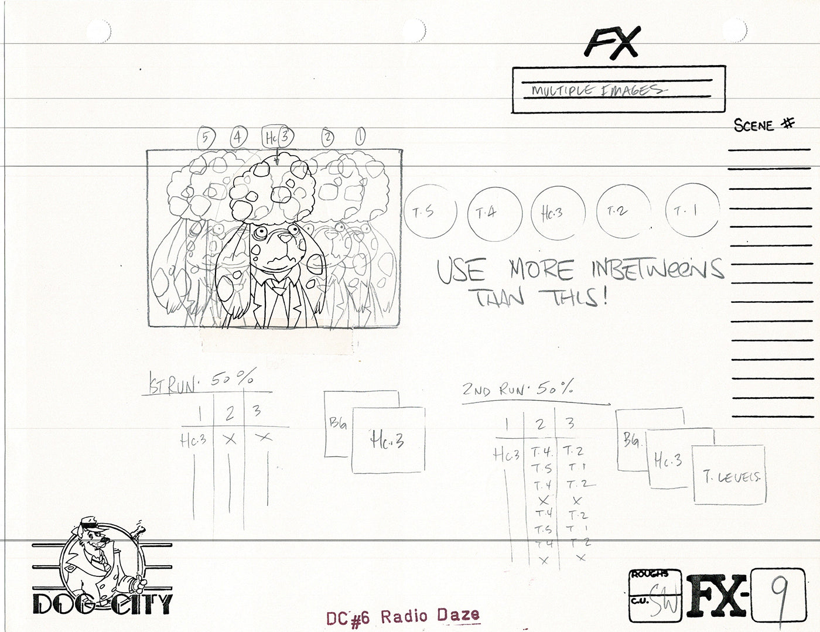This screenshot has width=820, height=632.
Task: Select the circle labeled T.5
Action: [430, 211]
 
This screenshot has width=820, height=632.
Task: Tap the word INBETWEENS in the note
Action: [656, 269]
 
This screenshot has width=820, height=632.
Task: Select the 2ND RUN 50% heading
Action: [517, 388]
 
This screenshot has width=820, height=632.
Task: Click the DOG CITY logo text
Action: [102, 603]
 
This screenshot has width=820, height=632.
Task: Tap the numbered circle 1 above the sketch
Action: [360, 138]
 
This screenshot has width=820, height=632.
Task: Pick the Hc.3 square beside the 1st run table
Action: [388, 440]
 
